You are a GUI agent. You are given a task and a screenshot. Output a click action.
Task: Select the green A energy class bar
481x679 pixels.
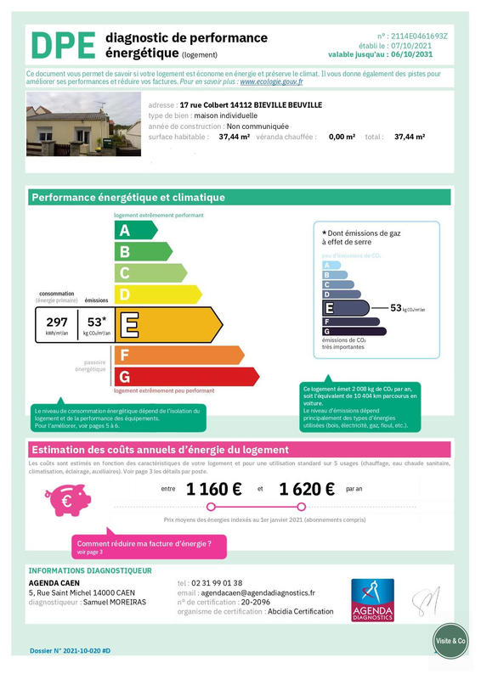click(135, 230)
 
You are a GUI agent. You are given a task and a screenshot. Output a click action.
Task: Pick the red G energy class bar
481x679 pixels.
click(186, 376)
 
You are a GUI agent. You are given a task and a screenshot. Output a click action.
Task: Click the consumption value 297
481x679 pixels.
click(57, 323)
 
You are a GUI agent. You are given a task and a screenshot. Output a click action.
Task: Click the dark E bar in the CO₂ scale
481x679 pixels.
click(345, 308)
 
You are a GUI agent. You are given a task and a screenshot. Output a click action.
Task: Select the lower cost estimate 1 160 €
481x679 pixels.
click(214, 489)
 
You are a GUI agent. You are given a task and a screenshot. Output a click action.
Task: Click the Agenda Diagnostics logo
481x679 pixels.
click(372, 600)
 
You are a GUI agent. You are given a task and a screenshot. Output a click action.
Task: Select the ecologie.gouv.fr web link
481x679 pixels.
click(271, 82)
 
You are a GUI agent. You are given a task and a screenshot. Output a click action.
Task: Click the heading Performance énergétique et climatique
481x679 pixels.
click(128, 198)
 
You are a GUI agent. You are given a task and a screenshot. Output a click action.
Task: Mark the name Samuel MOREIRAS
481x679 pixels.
click(117, 602)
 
